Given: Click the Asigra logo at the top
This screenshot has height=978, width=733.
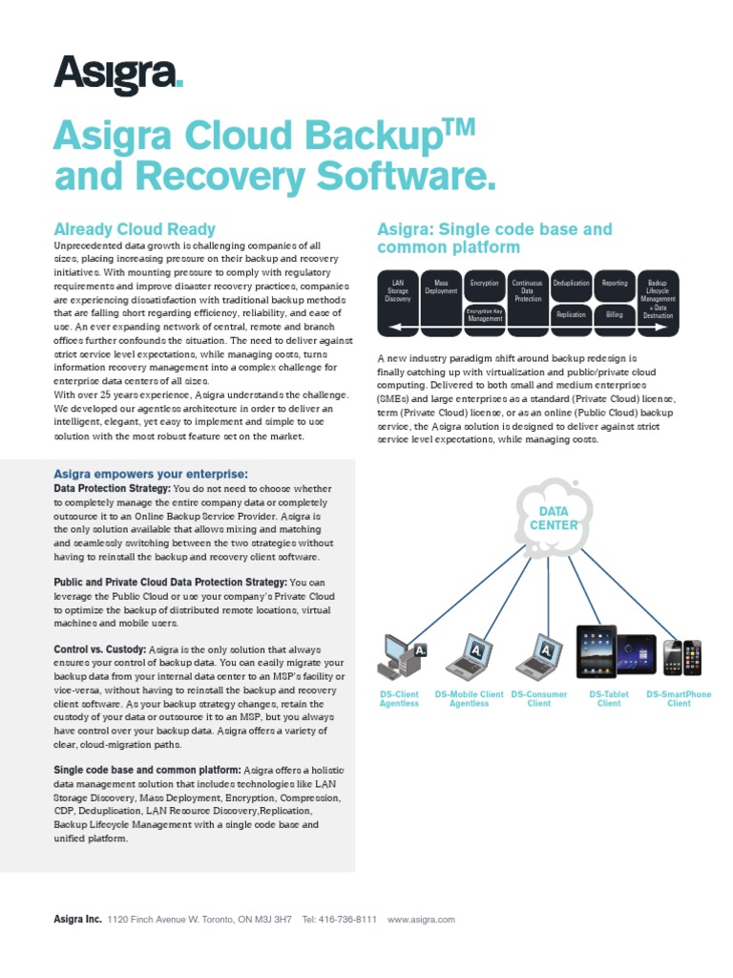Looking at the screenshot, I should click(x=118, y=74).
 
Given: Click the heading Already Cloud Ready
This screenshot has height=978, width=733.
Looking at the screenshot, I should click(x=135, y=229).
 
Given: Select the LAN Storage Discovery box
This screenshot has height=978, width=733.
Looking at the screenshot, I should click(x=397, y=291).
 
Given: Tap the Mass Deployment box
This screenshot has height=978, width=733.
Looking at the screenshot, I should click(x=441, y=287).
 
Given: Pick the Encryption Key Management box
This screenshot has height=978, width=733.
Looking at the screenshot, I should click(x=485, y=314).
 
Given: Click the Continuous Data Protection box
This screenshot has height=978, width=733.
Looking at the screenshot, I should click(x=528, y=291).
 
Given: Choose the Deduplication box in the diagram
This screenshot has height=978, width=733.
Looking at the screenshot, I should click(x=571, y=284).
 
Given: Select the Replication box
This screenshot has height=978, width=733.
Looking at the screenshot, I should click(x=571, y=314).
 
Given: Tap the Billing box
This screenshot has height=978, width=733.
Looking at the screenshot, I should click(x=614, y=314).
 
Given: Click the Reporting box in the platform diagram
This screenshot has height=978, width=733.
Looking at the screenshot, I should click(x=614, y=284).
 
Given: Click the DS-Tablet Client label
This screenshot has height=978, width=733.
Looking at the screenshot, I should click(x=609, y=699).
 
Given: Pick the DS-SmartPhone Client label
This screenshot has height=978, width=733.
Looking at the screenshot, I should click(x=679, y=699).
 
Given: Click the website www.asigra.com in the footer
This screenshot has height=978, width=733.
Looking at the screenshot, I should click(x=421, y=920).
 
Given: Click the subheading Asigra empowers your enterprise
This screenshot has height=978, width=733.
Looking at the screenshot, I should click(x=151, y=474).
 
